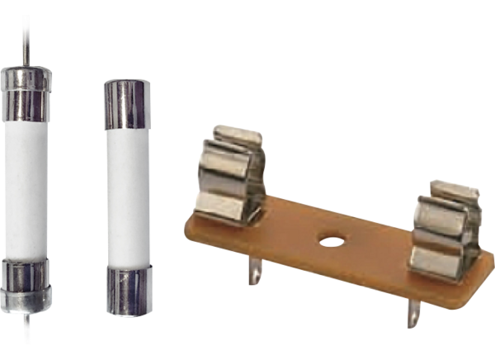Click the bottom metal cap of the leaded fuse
coord(27,285)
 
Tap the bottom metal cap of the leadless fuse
coord(125,289)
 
